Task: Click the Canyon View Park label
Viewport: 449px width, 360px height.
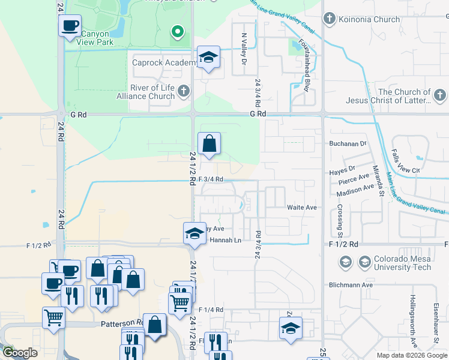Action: point(96,38)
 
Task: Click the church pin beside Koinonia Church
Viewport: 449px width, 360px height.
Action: point(329,19)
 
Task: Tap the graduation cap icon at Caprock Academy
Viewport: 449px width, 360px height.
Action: point(208,57)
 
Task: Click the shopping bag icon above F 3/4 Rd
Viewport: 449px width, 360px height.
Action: point(209,144)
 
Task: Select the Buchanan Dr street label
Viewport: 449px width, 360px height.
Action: point(348,144)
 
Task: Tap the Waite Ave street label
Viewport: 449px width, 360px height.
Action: point(302,207)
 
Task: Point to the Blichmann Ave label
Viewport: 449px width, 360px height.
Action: point(351,285)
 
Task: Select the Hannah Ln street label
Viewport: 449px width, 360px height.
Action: point(226,240)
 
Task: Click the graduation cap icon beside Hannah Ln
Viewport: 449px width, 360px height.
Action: point(194,233)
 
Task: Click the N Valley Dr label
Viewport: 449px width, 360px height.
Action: point(244,50)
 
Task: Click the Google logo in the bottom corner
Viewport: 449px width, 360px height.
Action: point(20,353)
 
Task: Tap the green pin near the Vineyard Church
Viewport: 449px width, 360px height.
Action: point(177,31)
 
